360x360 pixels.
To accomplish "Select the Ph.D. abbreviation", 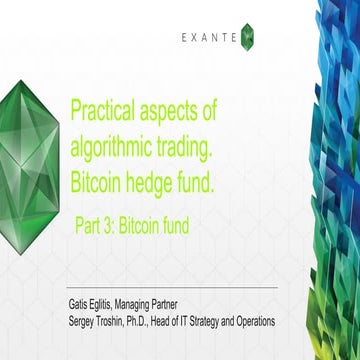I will tap(156, 320).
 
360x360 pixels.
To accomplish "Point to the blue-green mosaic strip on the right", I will tap(336, 180).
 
